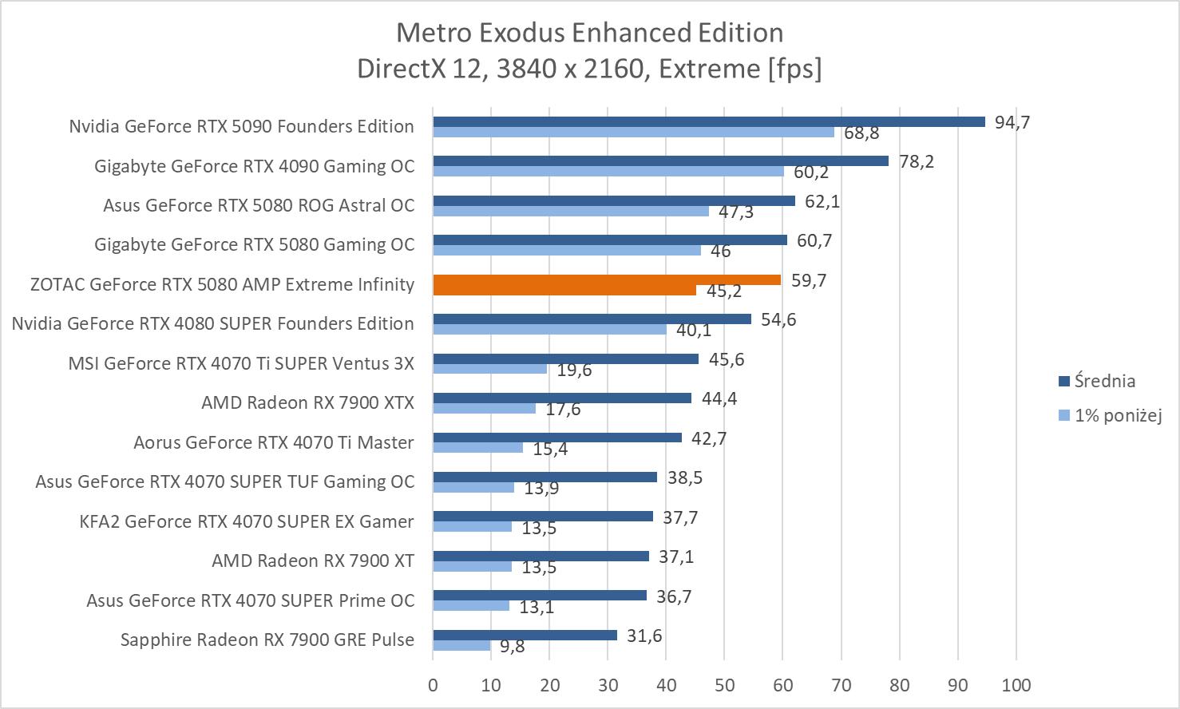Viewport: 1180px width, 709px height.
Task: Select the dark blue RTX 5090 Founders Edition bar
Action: pos(709,121)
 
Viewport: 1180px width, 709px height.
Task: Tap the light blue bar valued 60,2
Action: pos(608,171)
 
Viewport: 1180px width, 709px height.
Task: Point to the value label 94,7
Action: pos(1012,122)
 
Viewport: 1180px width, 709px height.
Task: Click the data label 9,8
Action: pos(513,646)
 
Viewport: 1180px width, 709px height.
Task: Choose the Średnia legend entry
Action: pos(1104,381)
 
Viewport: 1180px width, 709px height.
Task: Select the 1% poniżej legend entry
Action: pos(1117,415)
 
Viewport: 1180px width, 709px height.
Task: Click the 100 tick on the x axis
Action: pos(1016,685)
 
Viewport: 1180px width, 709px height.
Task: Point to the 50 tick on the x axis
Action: pos(724,685)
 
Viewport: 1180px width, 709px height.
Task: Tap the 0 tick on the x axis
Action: pos(433,685)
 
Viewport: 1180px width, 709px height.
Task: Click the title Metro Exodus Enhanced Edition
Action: pos(589,33)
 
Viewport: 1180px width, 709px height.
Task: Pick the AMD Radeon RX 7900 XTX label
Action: pos(307,402)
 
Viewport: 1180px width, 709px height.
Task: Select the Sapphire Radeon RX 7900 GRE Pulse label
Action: pos(267,640)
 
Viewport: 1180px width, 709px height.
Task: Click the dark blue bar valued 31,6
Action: pos(525,635)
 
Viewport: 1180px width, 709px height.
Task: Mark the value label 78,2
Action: pos(917,161)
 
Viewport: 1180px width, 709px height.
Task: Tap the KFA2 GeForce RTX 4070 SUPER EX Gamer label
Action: pos(247,521)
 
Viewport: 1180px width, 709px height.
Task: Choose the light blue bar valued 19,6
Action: pos(489,369)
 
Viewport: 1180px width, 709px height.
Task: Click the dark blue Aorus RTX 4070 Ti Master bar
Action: pos(557,438)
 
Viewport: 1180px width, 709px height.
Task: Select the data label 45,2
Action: pos(724,291)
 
